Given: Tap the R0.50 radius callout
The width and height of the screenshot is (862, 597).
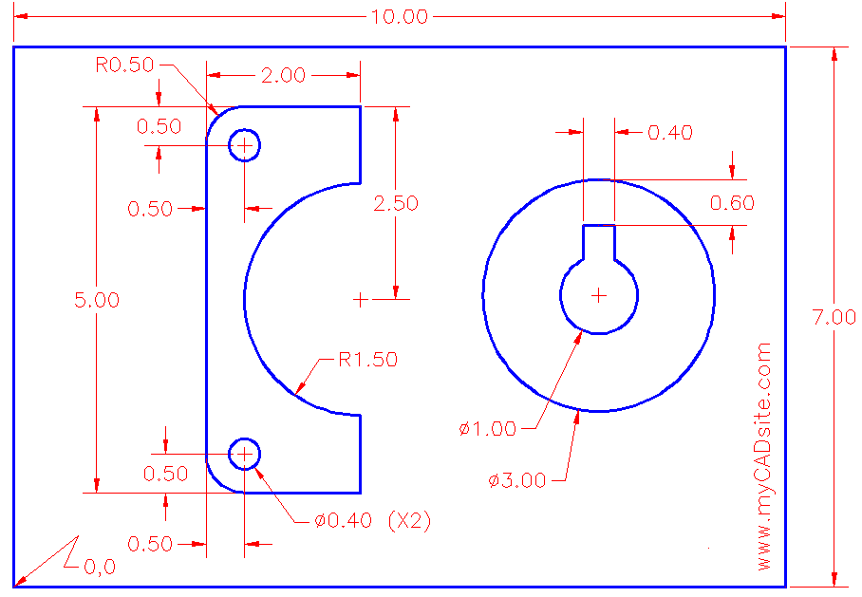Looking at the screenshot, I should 126,65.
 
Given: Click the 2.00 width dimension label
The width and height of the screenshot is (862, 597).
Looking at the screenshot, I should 285,76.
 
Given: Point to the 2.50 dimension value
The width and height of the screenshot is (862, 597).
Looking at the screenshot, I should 396,203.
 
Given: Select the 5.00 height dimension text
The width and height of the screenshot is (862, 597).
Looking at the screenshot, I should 97,300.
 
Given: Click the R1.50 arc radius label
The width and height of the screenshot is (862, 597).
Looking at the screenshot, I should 368,360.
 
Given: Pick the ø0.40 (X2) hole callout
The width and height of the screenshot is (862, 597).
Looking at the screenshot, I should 372,521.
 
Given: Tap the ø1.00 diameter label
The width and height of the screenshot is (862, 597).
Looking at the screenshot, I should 487,429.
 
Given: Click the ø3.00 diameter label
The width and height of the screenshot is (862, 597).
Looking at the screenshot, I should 517,480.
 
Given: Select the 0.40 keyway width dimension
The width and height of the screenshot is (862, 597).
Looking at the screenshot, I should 669,133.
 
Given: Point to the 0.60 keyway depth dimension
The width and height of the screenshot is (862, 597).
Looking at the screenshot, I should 732,202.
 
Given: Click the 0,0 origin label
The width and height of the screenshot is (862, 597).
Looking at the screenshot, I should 100,568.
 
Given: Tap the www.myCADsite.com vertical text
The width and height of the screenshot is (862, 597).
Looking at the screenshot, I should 765,457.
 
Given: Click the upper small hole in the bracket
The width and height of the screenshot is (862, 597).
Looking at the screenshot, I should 245,145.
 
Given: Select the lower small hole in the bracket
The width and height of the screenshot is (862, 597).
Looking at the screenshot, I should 245,455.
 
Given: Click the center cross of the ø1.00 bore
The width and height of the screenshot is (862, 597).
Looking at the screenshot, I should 598,296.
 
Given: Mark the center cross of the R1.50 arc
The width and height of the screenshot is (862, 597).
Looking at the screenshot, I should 360,300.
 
